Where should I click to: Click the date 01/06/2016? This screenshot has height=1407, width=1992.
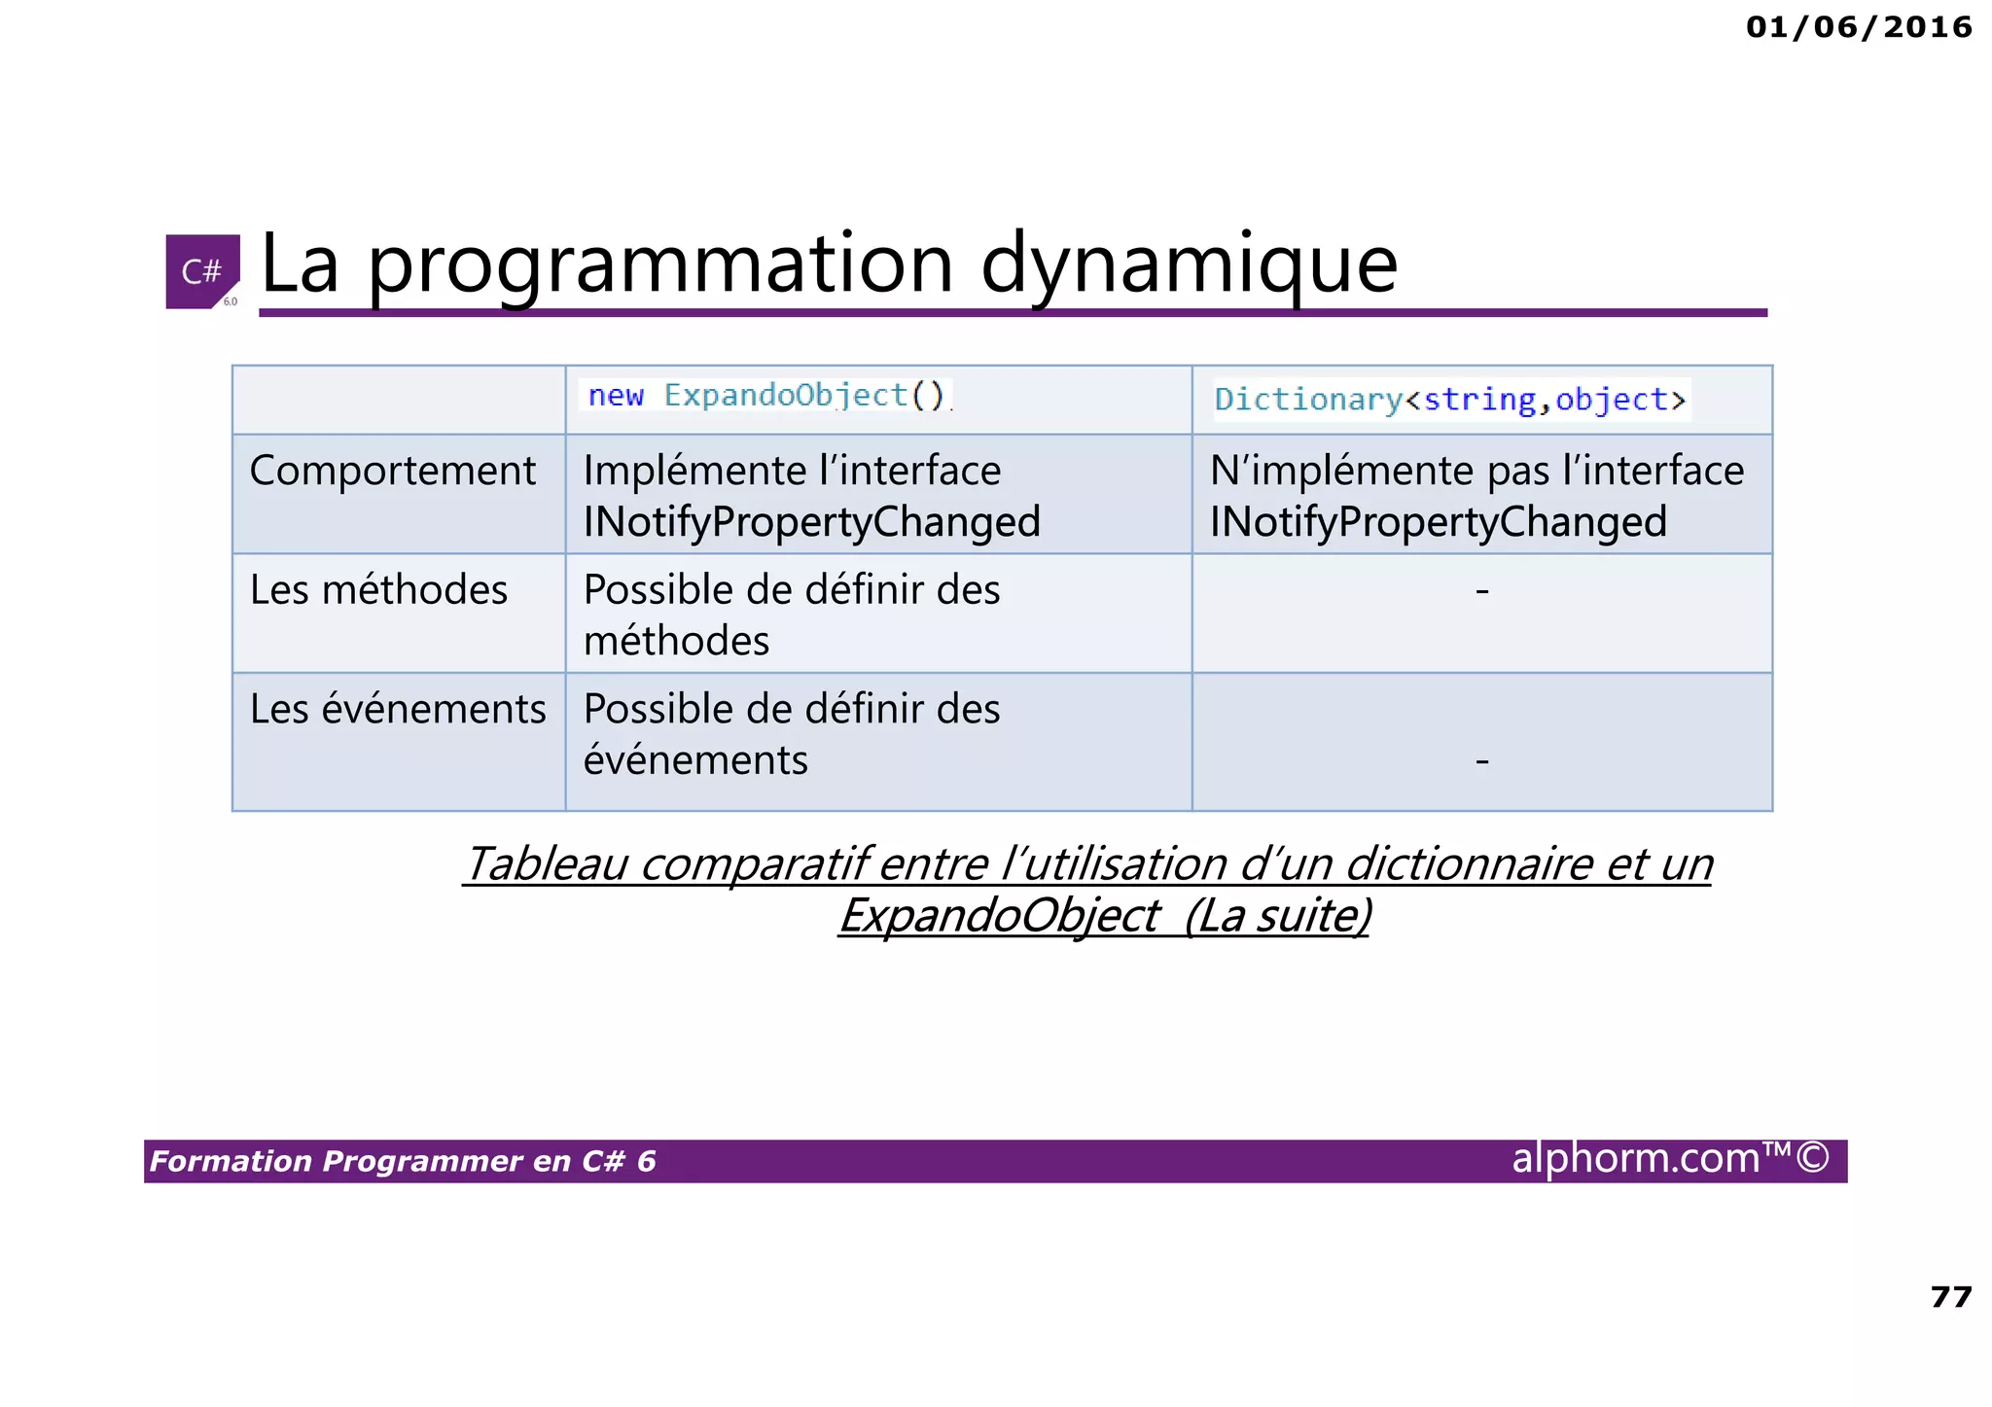pos(1858,27)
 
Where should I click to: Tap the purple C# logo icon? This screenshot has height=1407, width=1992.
pos(202,271)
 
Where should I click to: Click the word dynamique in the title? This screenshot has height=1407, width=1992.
pos(1189,264)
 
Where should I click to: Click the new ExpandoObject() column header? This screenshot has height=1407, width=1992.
pos(766,396)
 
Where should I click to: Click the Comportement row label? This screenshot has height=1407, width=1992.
pos(392,471)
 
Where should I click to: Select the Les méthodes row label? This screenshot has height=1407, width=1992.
pos(378,590)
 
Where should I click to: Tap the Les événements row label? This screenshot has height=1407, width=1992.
pos(398,709)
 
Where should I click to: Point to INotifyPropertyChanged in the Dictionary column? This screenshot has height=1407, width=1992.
pos(1438,522)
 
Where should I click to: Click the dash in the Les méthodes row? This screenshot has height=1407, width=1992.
pos(1481,590)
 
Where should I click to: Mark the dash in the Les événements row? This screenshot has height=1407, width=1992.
pos(1481,760)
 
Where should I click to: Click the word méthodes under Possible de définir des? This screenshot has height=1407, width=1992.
pos(676,642)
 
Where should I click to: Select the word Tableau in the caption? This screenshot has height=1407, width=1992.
pos(545,863)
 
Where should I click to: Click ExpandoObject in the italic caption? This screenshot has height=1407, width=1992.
pos(999,915)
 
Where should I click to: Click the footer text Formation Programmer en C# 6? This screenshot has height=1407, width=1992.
pos(403,1161)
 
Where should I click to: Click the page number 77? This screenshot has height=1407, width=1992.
pos(1950,1297)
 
